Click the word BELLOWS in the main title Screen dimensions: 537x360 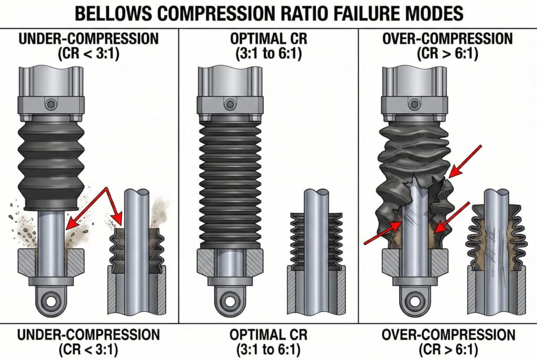[113, 13]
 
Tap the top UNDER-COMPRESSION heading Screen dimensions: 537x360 [89, 39]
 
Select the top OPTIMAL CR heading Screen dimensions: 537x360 [268, 39]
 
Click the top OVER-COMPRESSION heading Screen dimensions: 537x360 [447, 39]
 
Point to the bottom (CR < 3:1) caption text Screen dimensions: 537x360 [89, 350]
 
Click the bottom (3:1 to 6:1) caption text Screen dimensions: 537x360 [268, 350]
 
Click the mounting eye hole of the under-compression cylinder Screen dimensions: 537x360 [51, 301]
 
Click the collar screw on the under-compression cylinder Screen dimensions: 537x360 [51, 104]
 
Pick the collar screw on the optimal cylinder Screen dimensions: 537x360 [230, 104]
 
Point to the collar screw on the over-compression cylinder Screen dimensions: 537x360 [414, 104]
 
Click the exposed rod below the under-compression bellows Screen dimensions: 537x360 [51, 230]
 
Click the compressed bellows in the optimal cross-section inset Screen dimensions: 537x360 [316, 239]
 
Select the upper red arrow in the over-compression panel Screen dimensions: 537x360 [465, 161]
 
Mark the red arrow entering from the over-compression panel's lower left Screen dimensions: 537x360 [382, 233]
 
